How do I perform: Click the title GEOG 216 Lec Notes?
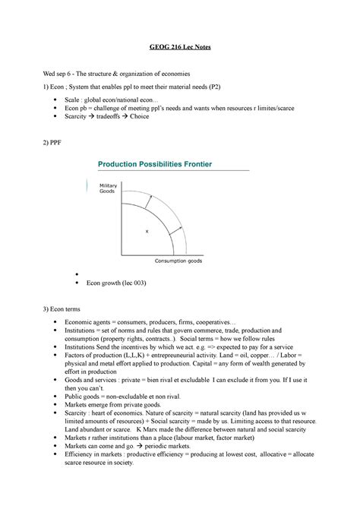coord(180,48)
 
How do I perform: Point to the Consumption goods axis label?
coord(179,260)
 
